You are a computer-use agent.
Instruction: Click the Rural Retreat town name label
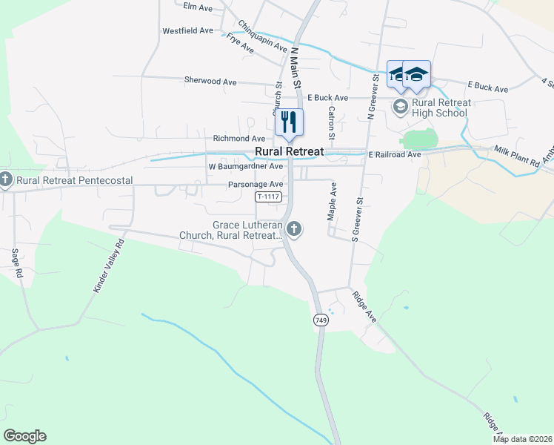[290, 151]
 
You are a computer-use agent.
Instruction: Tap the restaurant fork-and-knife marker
[289, 122]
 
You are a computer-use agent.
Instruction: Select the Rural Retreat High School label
[440, 108]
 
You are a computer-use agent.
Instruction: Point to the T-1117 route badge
[268, 197]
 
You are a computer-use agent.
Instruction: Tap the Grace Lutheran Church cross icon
[295, 229]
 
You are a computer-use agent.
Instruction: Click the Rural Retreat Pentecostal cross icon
[5, 180]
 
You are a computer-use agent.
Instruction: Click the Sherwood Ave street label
[210, 80]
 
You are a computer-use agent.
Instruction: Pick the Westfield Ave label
[187, 31]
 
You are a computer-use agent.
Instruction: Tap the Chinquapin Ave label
[262, 37]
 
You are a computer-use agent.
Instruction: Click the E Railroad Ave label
[394, 154]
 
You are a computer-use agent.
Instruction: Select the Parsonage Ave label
[256, 184]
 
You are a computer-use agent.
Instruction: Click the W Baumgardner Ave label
[247, 167]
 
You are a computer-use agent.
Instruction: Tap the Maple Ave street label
[332, 201]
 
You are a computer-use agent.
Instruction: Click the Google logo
[24, 436]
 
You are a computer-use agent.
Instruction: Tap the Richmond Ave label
[238, 139]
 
